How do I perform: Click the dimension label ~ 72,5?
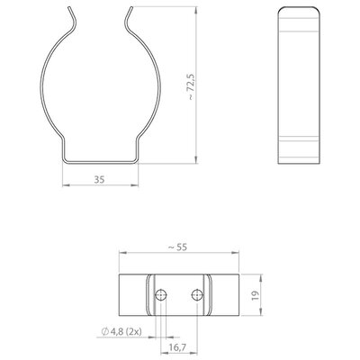(192, 87)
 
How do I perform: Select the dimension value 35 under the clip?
(100, 179)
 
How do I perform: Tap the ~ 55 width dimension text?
(177, 247)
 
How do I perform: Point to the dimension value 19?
(256, 296)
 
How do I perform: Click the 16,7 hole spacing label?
(177, 347)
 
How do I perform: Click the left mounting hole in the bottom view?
(161, 295)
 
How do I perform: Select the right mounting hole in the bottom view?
(197, 295)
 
